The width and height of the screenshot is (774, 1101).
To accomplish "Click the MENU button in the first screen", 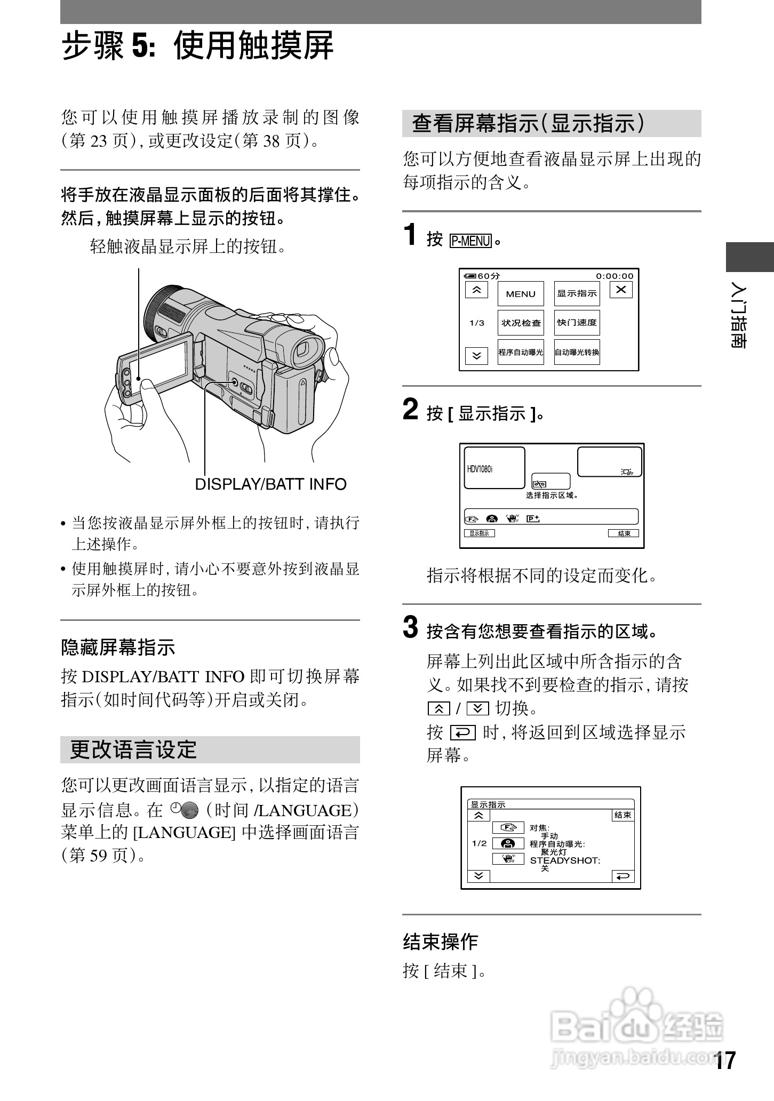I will (x=520, y=294).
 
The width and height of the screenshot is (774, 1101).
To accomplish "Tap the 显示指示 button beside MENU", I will (x=577, y=294).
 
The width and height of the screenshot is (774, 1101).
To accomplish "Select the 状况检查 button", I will (x=520, y=323).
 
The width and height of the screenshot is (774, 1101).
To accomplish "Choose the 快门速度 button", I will (x=577, y=323).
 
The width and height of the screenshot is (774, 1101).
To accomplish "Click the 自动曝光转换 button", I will (x=577, y=352).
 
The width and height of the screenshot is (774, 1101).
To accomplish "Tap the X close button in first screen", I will (x=620, y=290).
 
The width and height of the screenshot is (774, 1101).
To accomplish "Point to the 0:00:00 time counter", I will (x=615, y=276).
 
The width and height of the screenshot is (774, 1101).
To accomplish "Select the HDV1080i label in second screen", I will (x=480, y=469).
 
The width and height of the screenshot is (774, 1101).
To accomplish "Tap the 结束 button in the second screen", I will (x=623, y=533).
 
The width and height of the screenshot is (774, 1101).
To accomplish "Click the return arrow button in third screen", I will (x=623, y=876).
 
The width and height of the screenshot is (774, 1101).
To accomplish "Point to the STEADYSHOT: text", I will (x=564, y=860).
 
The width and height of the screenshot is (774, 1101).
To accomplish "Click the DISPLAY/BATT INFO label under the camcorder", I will (x=270, y=484).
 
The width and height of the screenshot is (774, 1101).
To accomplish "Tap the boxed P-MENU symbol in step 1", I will (x=470, y=241).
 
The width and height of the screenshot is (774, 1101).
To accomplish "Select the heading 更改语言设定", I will (x=133, y=750).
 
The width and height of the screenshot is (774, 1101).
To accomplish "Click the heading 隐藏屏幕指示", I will (x=118, y=648).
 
